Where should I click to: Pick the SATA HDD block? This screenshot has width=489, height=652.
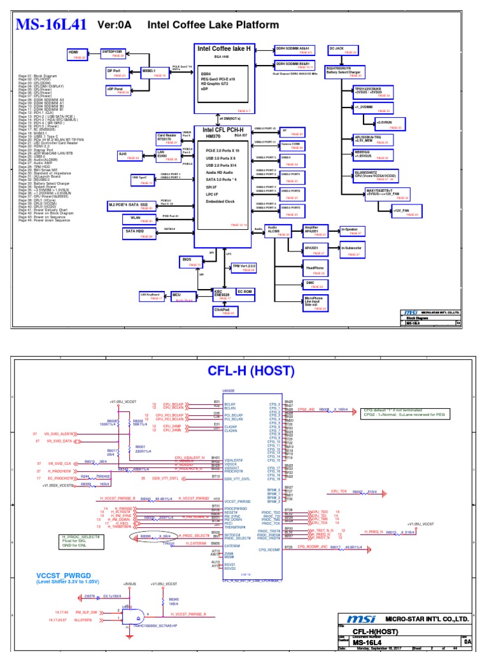click(137, 234)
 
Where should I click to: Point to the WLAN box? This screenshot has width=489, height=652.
click(138, 218)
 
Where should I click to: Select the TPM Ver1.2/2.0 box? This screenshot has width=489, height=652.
click(243, 267)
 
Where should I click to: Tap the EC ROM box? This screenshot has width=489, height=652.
click(248, 292)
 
